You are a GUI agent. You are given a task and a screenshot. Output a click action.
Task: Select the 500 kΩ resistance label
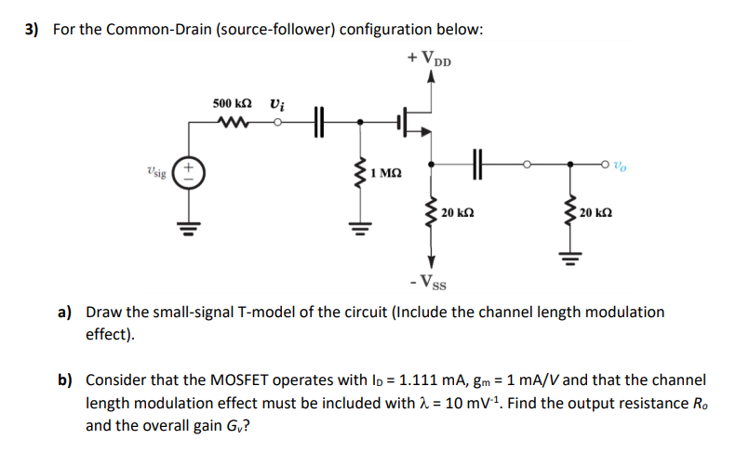tap(232, 102)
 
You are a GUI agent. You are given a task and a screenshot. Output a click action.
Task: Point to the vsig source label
tap(157, 172)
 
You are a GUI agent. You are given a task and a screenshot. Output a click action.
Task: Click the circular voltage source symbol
tap(190, 173)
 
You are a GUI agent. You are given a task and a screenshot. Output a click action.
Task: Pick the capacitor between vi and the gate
tap(319, 120)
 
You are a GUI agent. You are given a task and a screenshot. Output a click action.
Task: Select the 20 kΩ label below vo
tap(595, 213)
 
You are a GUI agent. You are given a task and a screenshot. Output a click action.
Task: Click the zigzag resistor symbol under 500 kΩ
tap(230, 120)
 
